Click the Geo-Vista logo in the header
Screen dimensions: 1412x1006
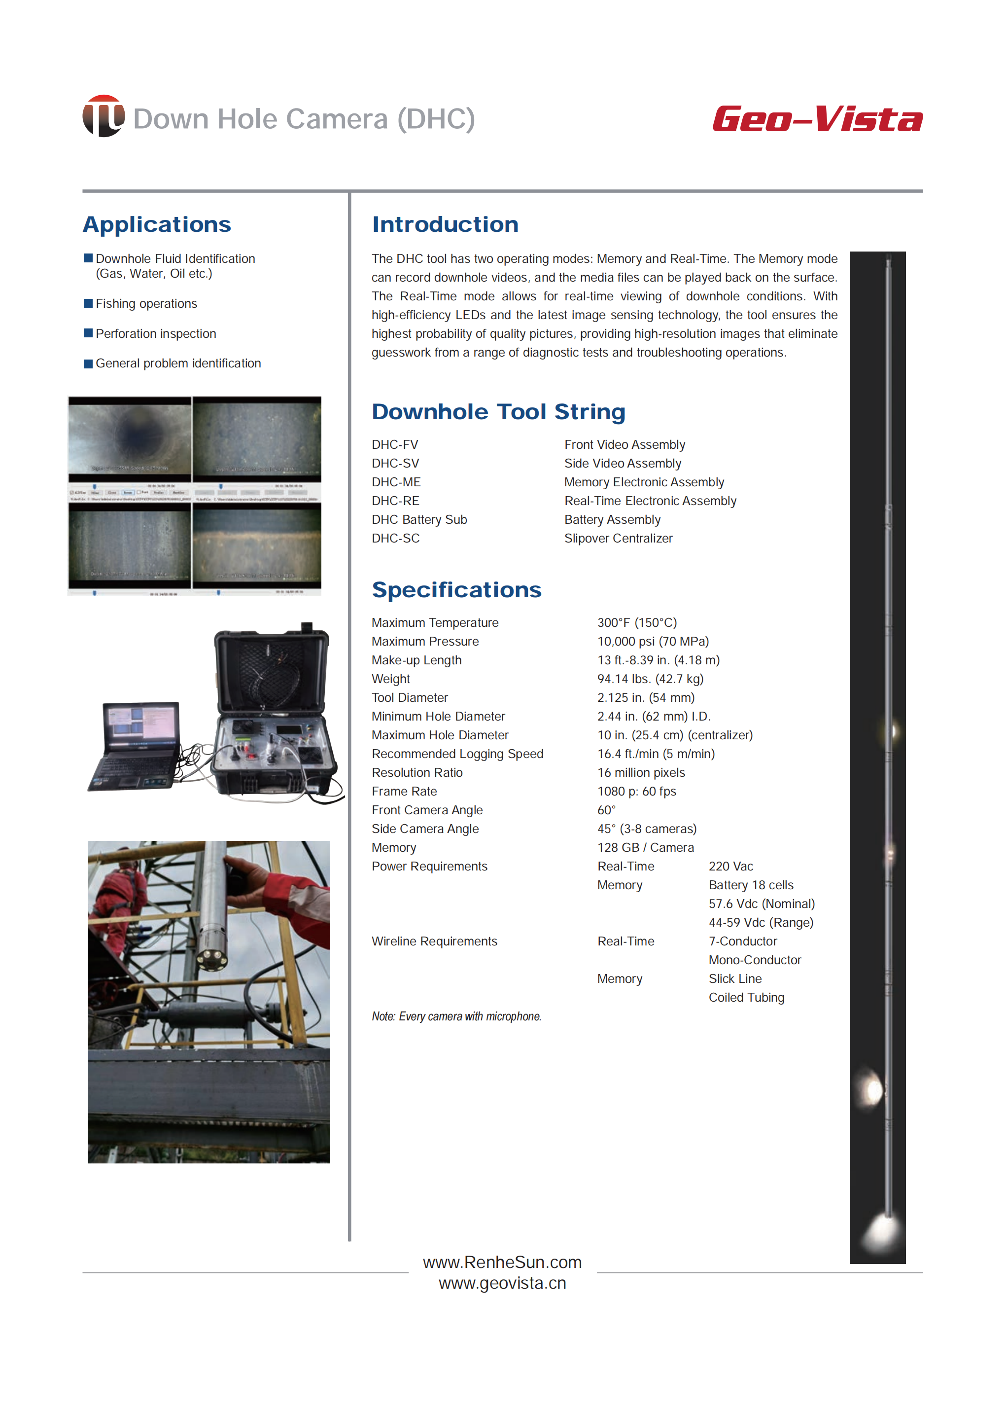817,119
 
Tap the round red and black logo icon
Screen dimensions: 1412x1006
104,116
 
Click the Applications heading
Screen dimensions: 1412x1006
157,224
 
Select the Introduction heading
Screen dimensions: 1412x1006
445,224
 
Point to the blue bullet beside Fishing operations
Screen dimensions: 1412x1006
88,303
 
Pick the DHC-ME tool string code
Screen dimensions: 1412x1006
396,482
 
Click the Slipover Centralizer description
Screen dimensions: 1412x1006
618,538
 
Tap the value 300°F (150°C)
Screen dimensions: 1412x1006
637,622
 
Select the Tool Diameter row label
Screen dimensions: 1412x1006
410,697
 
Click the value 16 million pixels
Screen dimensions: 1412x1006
641,772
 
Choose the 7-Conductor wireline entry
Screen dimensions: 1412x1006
742,941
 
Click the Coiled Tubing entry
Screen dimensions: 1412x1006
746,997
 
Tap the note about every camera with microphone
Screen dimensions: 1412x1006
456,1016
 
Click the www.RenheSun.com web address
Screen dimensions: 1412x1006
502,1262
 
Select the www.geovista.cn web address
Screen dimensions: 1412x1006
502,1283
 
